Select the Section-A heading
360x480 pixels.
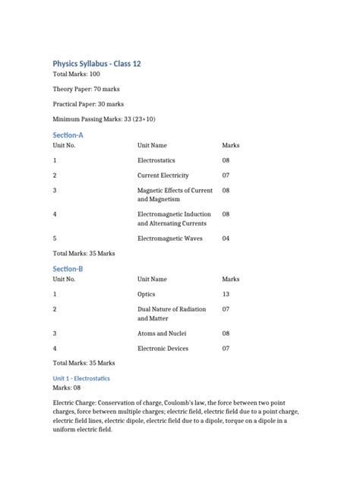tap(68, 134)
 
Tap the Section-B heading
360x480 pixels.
tap(68, 269)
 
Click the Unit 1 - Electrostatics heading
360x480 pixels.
tap(81, 377)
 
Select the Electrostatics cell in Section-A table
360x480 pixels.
tap(156, 160)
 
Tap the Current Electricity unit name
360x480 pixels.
tap(163, 175)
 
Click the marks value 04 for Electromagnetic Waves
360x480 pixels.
tap(226, 238)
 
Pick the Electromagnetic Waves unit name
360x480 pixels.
tap(170, 238)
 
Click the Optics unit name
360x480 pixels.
tap(146, 294)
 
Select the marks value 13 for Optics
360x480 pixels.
tap(226, 294)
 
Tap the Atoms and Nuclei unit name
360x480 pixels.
tap(162, 333)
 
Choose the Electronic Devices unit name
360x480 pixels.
tap(163, 349)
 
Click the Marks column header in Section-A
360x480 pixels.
tap(230, 145)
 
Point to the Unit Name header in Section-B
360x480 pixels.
tap(152, 279)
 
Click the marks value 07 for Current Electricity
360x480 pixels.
tap(226, 175)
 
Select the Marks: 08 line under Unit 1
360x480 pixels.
tap(67, 387)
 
